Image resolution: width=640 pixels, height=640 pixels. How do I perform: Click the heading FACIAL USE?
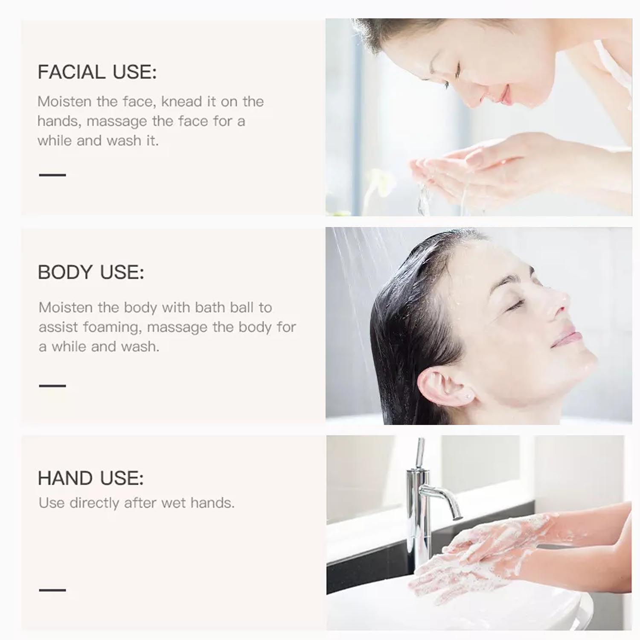pyautogui.click(x=97, y=72)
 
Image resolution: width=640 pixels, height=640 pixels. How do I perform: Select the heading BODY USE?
pyautogui.click(x=91, y=272)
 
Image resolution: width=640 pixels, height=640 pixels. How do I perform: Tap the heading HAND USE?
pyautogui.click(x=90, y=478)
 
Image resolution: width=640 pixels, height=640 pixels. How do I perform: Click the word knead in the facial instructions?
pyautogui.click(x=181, y=102)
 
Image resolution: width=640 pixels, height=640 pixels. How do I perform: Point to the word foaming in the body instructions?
pyautogui.click(x=111, y=327)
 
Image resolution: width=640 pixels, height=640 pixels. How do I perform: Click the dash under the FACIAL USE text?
pyautogui.click(x=52, y=175)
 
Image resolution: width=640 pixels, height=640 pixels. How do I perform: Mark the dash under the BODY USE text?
pyautogui.click(x=52, y=386)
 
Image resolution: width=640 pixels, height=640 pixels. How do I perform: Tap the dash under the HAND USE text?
pyautogui.click(x=52, y=590)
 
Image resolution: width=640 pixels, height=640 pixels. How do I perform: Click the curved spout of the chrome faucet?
pyautogui.click(x=444, y=497)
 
